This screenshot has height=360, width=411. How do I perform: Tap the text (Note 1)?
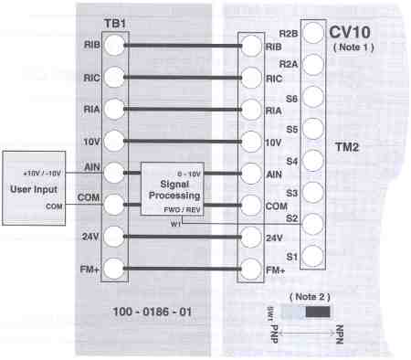[x=352, y=46]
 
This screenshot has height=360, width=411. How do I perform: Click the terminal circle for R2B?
[x=312, y=34]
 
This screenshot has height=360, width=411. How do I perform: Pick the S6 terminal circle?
[x=312, y=97]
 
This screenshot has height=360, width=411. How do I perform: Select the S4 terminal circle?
[x=312, y=160]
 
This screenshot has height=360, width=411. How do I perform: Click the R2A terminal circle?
[x=312, y=65]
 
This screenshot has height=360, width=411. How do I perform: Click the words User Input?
[x=33, y=189]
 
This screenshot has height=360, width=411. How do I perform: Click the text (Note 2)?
[x=310, y=298]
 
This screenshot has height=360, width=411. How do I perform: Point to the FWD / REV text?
[x=176, y=208]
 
